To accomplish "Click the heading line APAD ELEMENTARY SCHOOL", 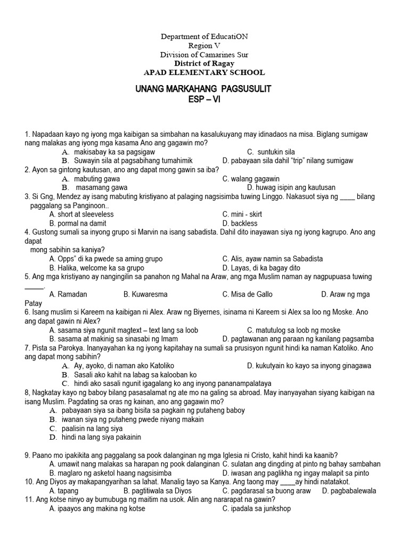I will (204, 72).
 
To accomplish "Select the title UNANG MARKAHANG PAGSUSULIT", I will (204, 89).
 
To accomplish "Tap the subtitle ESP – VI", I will (204, 99).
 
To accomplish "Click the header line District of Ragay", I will (204, 63).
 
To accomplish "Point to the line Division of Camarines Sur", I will (204, 55).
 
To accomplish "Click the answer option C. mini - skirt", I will (242, 214).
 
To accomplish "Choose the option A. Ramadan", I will (68, 294).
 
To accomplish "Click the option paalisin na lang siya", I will (93, 428).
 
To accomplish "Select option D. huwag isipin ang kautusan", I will (291, 188).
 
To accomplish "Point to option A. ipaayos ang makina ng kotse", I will (97, 509).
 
